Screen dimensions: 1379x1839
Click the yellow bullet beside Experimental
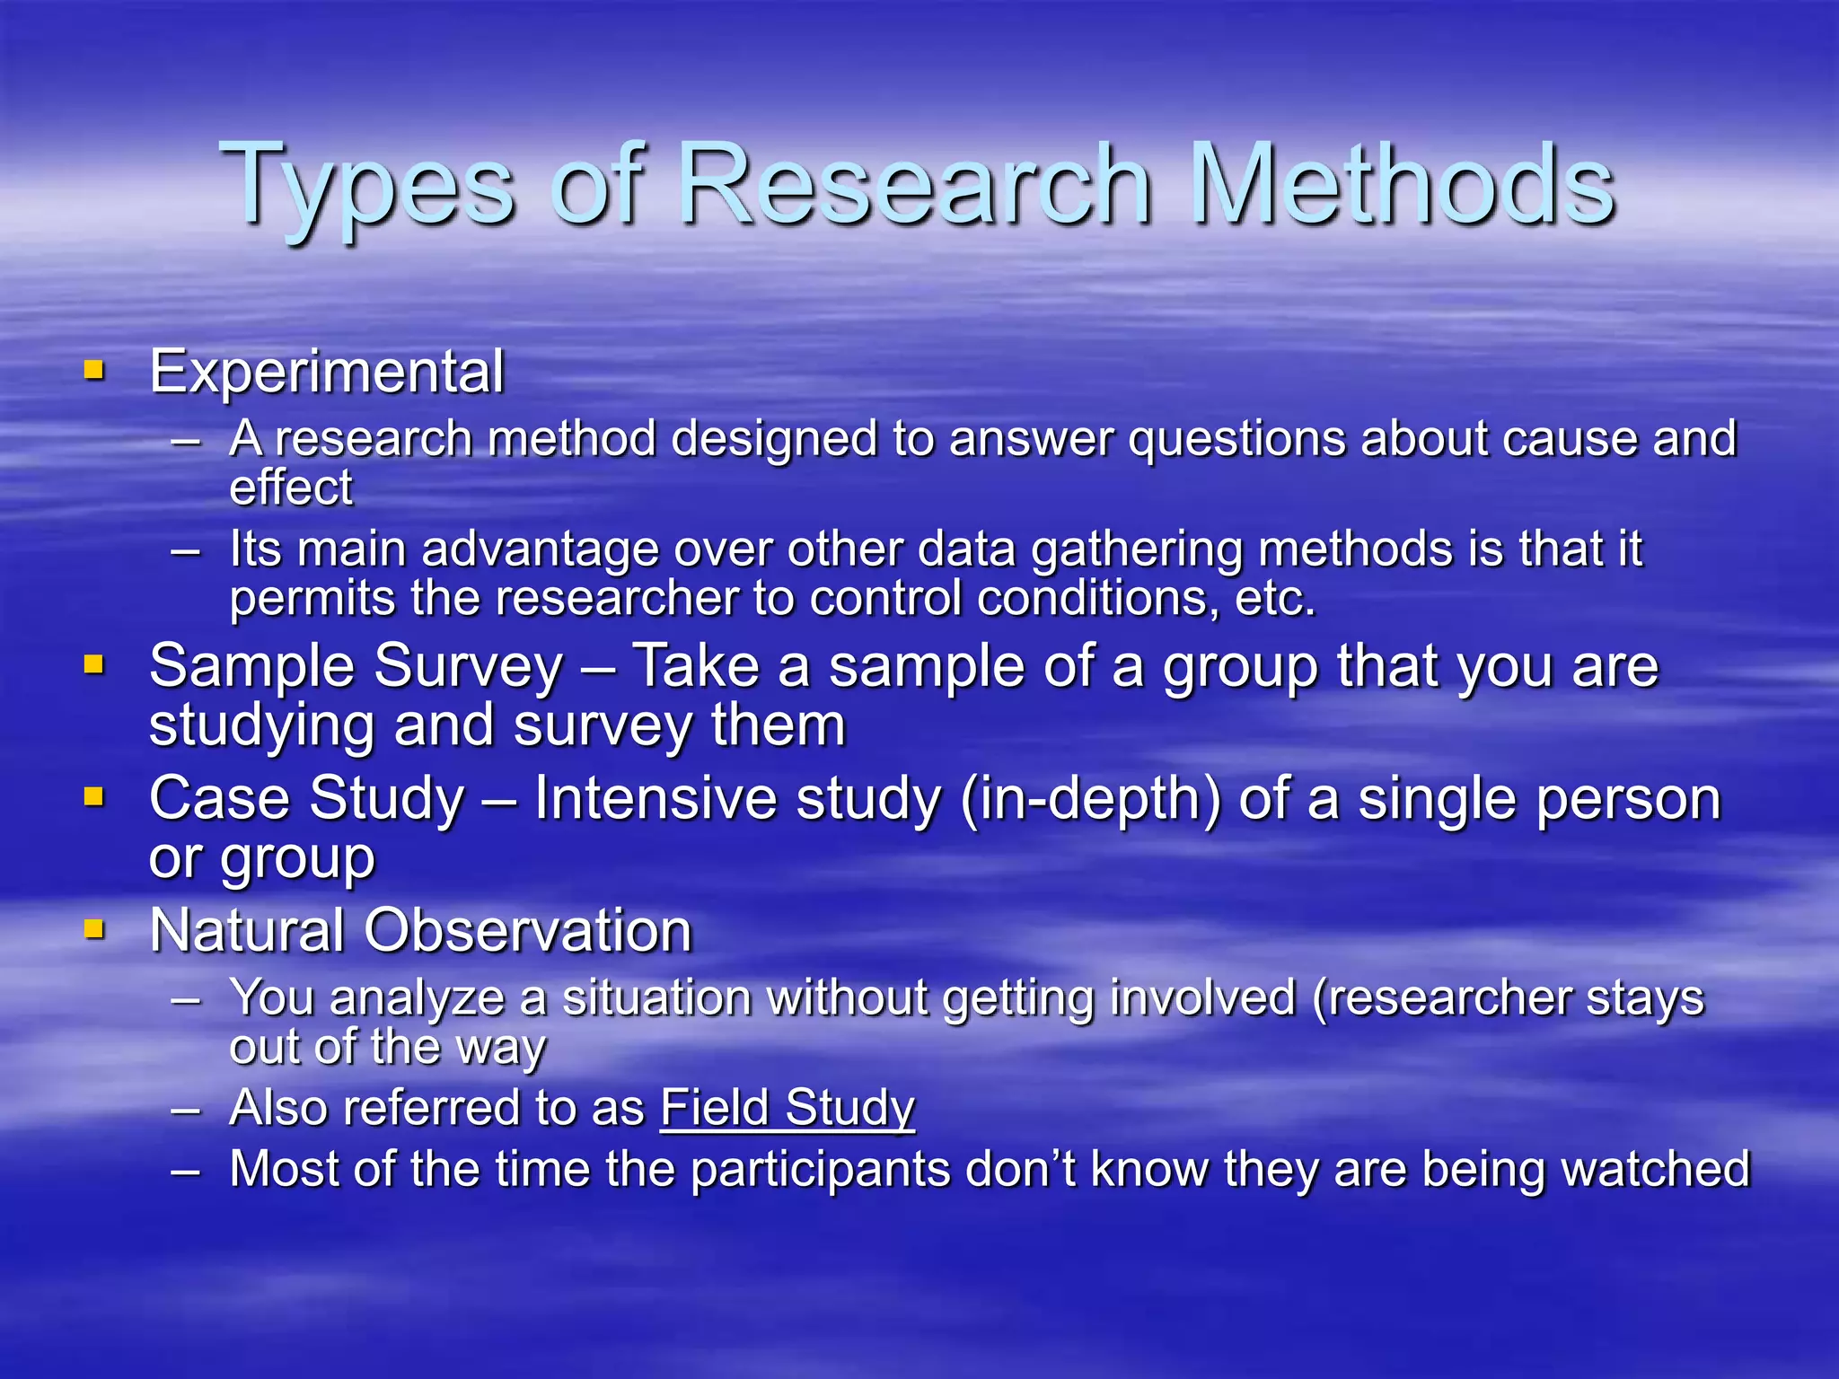point(93,370)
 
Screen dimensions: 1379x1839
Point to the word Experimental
point(327,372)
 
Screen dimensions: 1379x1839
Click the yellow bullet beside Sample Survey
point(93,664)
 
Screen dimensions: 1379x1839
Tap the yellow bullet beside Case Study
point(93,796)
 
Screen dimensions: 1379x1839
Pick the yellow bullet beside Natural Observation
point(93,928)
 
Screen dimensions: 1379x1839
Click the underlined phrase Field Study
point(788,1108)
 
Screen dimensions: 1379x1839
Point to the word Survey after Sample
point(468,667)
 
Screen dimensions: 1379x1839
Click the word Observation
point(528,930)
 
